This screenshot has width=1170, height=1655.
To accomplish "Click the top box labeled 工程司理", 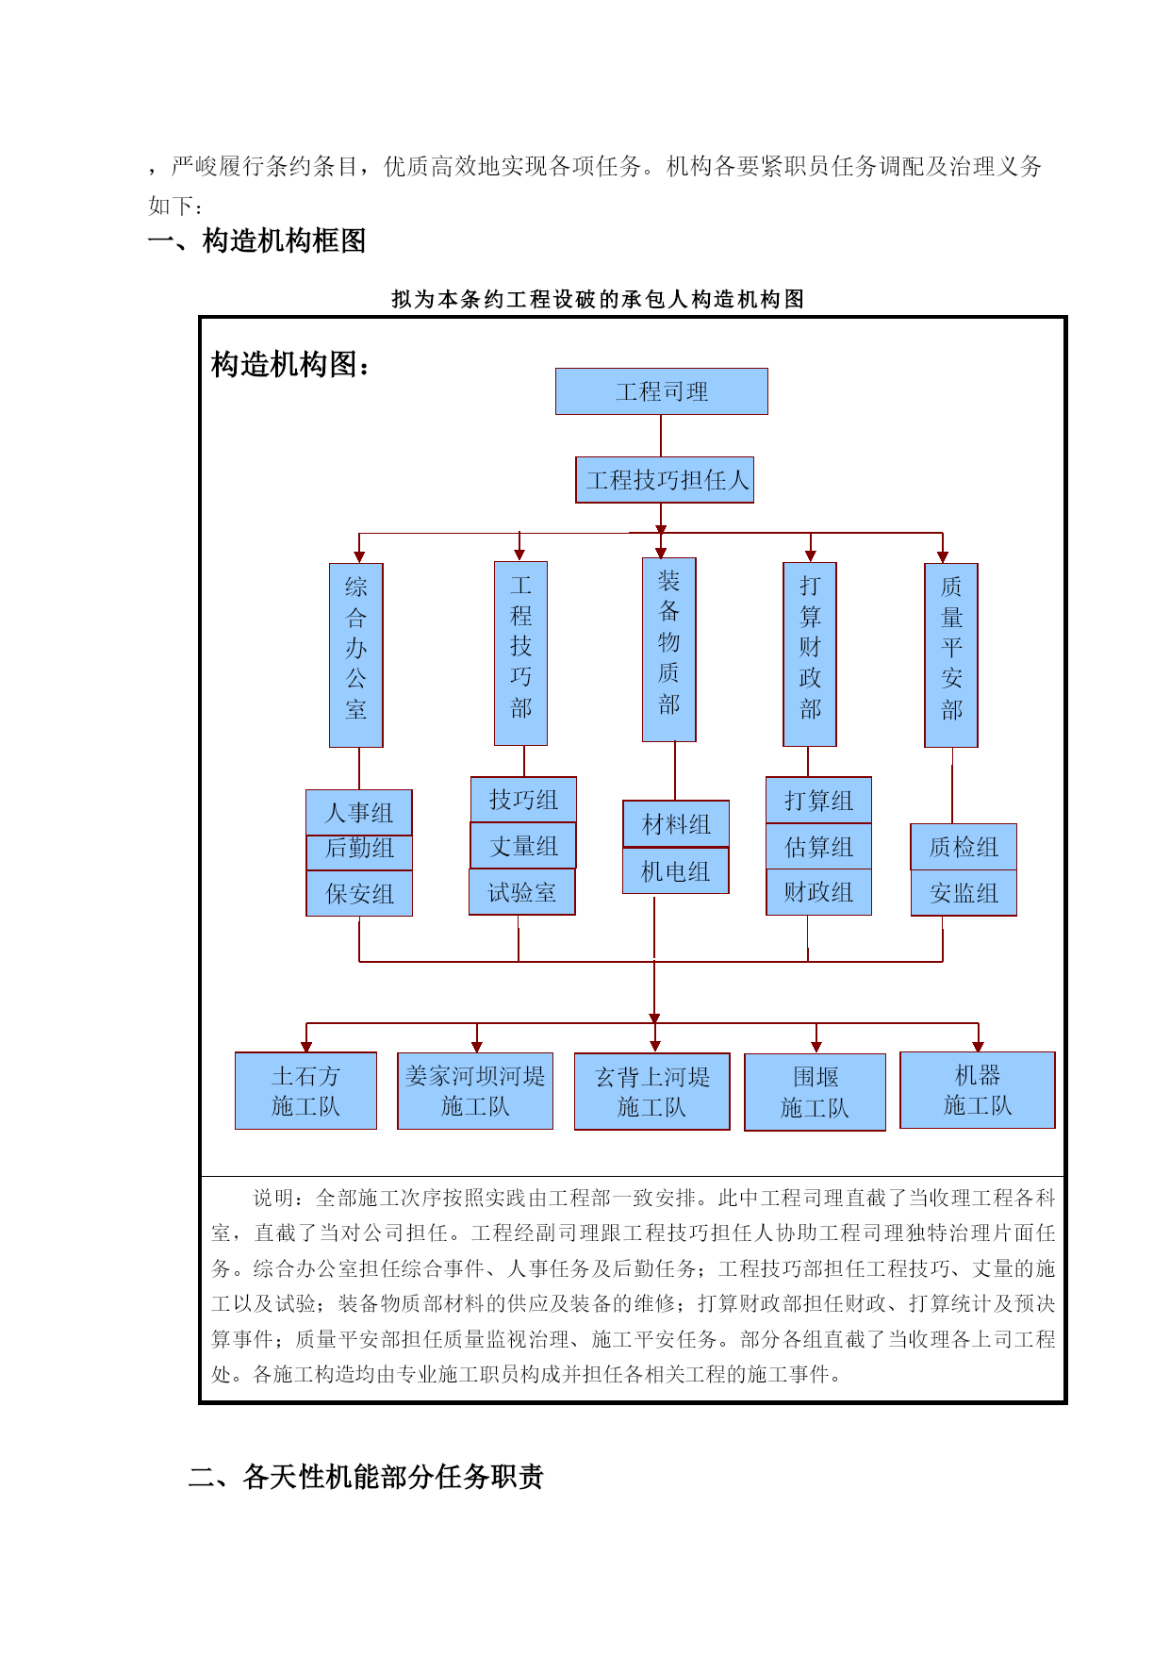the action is pos(661,391).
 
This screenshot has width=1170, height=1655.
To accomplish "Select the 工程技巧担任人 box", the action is pos(665,480).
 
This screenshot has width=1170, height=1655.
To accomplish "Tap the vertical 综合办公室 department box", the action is pos(356,655).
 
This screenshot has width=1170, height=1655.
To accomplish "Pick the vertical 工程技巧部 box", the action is pos(521,654).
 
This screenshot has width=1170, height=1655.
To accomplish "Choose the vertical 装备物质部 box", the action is pos(669,650).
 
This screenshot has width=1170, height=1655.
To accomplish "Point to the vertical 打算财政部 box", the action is pos(810,654).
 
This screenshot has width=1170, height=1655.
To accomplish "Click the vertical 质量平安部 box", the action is pos(951,655).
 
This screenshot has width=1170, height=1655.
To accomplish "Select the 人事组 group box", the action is pos(359,812).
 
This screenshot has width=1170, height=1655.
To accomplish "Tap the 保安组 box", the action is pos(359,893).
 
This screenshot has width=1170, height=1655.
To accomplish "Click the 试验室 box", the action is pos(522,892).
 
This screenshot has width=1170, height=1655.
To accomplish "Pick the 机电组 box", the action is pos(676,870).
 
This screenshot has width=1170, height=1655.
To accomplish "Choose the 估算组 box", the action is pos(818,847).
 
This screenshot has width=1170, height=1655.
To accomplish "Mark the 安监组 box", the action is pos(964,893).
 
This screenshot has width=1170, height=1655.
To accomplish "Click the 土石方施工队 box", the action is pos(305,1091).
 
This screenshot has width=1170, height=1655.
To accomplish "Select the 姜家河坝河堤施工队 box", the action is pos(475,1091).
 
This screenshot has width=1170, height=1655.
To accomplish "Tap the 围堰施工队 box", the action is pos(816,1092).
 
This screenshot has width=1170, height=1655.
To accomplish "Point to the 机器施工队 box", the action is pos(978,1090).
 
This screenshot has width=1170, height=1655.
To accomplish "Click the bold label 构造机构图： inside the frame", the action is pos(290,364).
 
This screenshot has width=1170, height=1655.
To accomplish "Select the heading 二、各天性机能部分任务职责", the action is pos(366,1476).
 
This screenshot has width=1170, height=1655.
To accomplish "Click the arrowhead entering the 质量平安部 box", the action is pos(943,557).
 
